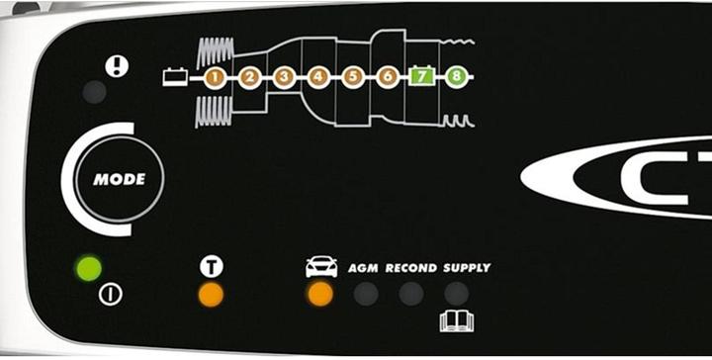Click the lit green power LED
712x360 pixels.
click(x=90, y=268)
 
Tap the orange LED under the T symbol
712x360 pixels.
click(x=210, y=294)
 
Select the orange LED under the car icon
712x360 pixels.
click(x=319, y=294)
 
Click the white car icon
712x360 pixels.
click(x=320, y=267)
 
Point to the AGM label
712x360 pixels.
click(x=363, y=268)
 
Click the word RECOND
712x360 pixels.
click(x=410, y=268)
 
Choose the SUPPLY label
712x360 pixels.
click(x=466, y=268)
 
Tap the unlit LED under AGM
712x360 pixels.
click(x=366, y=294)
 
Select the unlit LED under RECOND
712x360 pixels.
click(x=410, y=294)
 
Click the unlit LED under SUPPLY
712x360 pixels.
click(x=456, y=294)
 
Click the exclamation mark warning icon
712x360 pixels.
click(x=118, y=65)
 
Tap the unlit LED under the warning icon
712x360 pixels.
click(x=95, y=93)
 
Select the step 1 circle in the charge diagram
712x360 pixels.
click(x=216, y=76)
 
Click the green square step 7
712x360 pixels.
click(x=421, y=76)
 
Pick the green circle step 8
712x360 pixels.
click(x=455, y=76)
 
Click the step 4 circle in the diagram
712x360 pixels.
click(x=318, y=76)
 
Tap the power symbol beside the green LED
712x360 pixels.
click(x=111, y=295)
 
